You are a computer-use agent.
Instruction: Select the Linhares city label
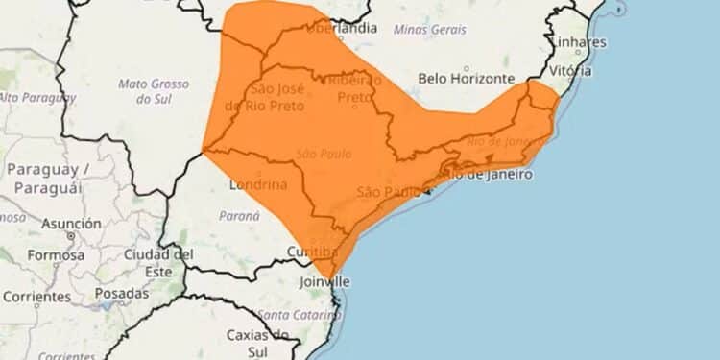pos(579,42)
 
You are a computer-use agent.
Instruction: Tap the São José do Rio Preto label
pos(271,97)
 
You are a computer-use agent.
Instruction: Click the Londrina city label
pos(258,184)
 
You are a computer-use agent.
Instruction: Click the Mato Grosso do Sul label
pos(146,91)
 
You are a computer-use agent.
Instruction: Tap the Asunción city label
pos(71,223)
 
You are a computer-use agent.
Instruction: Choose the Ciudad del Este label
pos(158,262)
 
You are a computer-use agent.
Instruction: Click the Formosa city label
pos(56,255)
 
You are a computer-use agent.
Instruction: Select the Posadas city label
pos(122,295)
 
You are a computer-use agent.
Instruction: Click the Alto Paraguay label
pos(36,97)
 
